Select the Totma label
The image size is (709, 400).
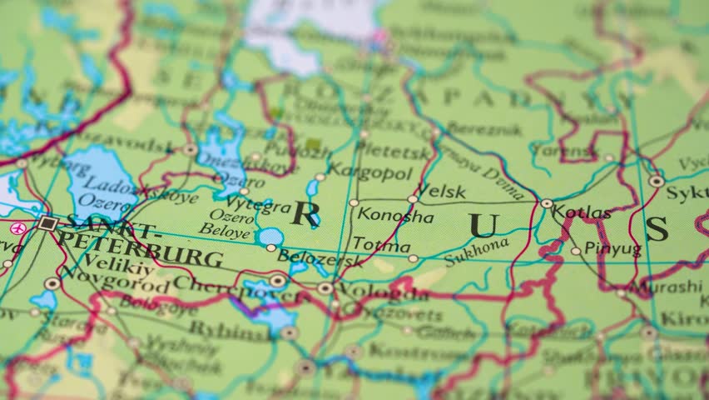pyautogui.click(x=381, y=246)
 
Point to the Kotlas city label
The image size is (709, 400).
pyautogui.click(x=582, y=212)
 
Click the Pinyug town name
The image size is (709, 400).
pyautogui.click(x=612, y=248)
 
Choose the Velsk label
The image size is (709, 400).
pyautogui.click(x=440, y=191)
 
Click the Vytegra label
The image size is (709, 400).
pyautogui.click(x=258, y=204)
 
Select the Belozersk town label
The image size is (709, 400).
pyautogui.click(x=320, y=258)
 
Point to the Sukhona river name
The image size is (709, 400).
pyautogui.click(x=476, y=251)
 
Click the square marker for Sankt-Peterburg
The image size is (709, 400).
pyautogui.click(x=47, y=222)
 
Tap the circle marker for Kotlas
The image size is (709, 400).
pyautogui.click(x=547, y=203)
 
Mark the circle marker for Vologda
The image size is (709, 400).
pyautogui.click(x=325, y=288)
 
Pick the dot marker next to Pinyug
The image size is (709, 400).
pyautogui.click(x=575, y=251)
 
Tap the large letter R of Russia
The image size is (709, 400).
pyautogui.click(x=305, y=214)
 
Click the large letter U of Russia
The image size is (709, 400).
pyautogui.click(x=483, y=225)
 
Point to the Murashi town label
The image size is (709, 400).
pyautogui.click(x=668, y=287)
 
